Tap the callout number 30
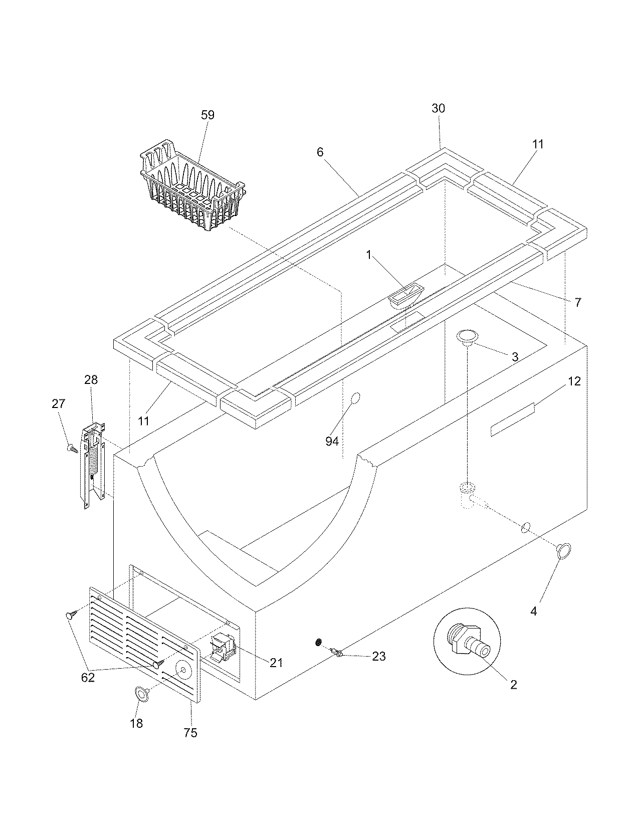coord(438,108)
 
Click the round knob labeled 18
coord(141,693)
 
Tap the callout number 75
coord(190,733)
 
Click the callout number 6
coord(320,152)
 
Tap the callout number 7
coord(577,302)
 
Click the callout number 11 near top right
coord(538,144)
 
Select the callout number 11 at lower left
coord(144,421)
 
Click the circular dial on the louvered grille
coord(182,670)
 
